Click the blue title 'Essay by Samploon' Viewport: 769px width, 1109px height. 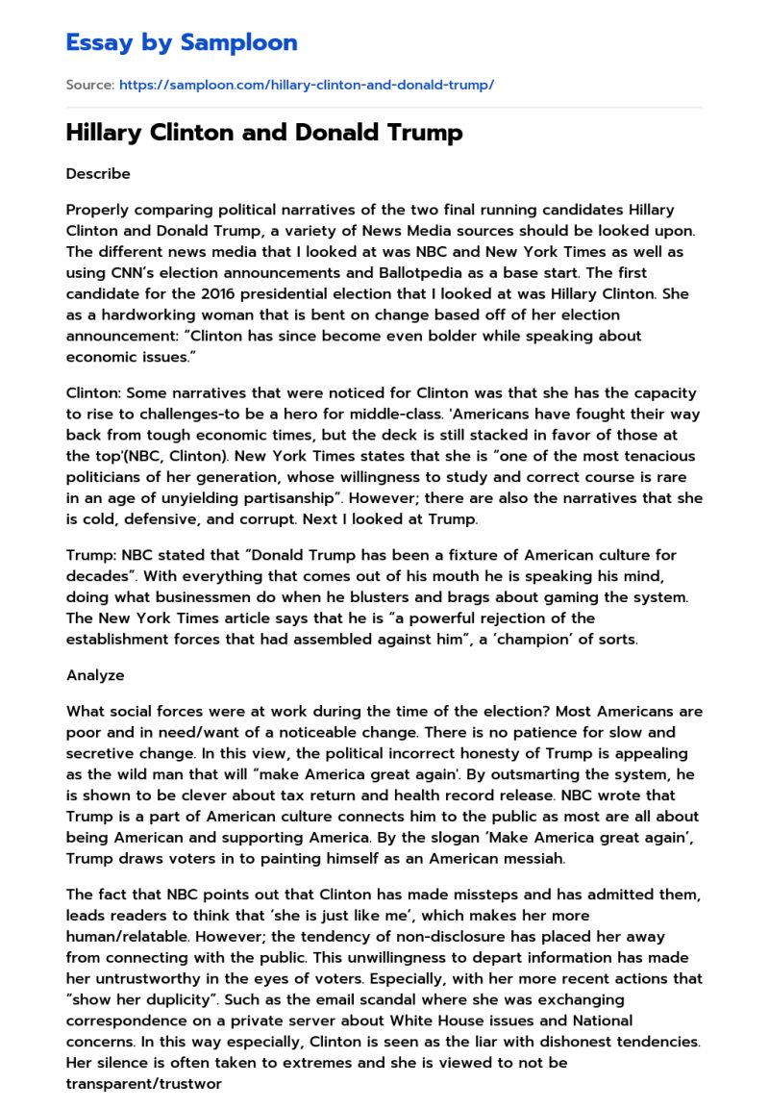(182, 42)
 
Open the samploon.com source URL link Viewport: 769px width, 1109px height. (306, 85)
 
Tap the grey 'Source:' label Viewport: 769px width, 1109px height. (89, 85)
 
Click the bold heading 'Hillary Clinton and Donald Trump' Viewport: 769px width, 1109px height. (264, 133)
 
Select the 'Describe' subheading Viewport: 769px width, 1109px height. (98, 174)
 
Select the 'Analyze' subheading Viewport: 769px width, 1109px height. (95, 675)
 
